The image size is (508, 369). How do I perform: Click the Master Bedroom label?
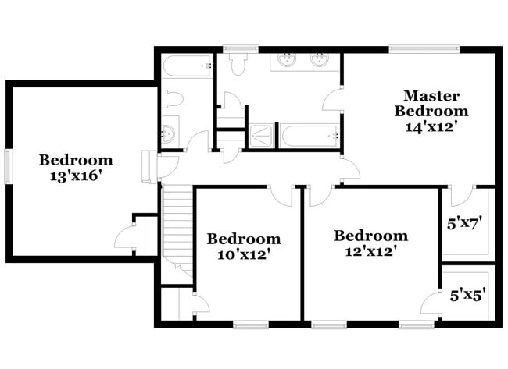click(431, 104)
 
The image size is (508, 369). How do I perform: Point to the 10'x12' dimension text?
click(244, 255)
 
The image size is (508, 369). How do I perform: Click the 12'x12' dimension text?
click(371, 252)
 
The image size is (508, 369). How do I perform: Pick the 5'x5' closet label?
click(468, 295)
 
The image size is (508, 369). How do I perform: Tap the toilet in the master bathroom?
click(238, 62)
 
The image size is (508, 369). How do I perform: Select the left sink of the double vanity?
click(287, 60)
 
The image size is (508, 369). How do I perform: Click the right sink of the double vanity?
click(320, 60)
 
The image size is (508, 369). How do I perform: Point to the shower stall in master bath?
click(261, 137)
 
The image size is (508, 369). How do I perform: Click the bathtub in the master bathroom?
click(310, 136)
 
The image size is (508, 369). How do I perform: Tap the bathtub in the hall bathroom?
click(188, 66)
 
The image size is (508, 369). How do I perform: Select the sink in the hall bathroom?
click(169, 133)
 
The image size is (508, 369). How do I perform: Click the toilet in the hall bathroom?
click(173, 100)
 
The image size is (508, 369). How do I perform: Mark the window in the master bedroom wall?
click(424, 49)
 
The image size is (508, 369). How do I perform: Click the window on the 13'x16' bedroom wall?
click(9, 166)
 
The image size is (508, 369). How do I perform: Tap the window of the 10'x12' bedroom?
click(250, 324)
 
